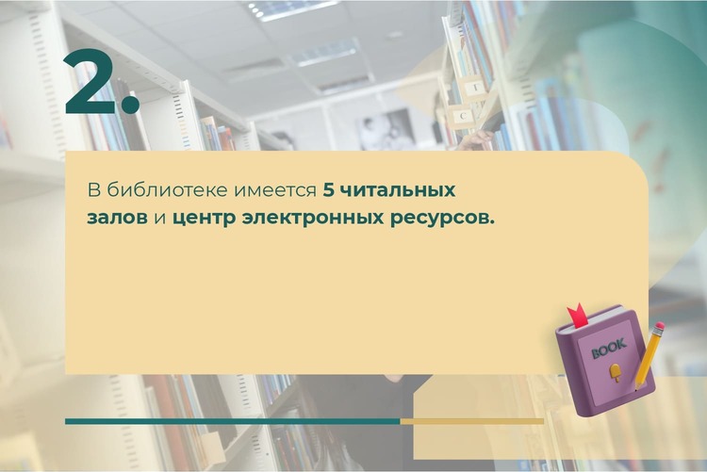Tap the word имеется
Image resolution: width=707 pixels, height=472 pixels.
click(x=274, y=191)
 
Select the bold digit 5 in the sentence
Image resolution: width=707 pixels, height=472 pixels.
click(x=328, y=190)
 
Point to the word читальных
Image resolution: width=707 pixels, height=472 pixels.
click(x=397, y=190)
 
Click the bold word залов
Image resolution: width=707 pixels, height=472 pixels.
click(x=117, y=219)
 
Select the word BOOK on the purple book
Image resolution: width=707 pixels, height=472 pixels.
click(x=609, y=348)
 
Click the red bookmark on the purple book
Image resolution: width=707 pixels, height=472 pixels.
click(x=577, y=315)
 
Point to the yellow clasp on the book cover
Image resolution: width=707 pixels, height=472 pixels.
click(x=615, y=373)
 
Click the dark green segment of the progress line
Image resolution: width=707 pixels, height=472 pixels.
click(x=232, y=421)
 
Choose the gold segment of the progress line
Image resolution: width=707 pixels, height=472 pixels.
click(x=471, y=421)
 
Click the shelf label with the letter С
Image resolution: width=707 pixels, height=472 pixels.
click(x=463, y=116)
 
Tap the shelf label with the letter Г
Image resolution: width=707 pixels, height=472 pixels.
click(x=474, y=88)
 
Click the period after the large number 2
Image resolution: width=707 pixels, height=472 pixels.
click(x=131, y=104)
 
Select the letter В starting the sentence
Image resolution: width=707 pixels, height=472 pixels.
click(x=93, y=190)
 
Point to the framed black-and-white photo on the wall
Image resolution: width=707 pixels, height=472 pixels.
click(x=386, y=129)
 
